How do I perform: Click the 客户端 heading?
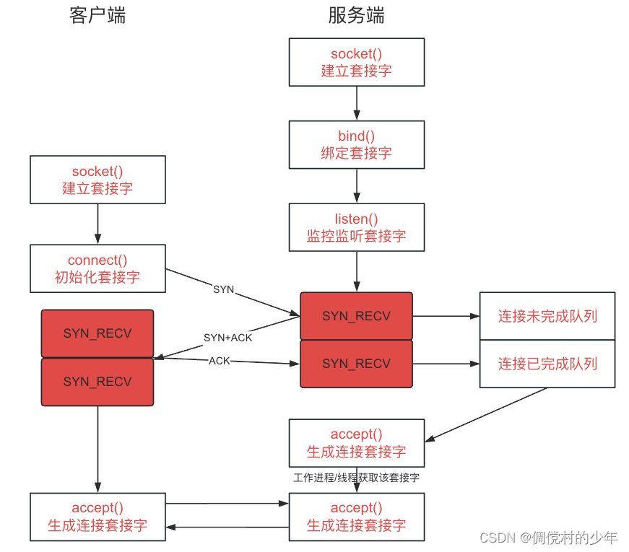click(x=97, y=16)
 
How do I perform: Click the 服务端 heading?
click(x=356, y=16)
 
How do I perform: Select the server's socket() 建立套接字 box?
click(x=357, y=63)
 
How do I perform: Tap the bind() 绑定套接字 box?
click(x=357, y=144)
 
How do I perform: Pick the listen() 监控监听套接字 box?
click(x=357, y=227)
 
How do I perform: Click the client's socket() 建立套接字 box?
click(x=97, y=180)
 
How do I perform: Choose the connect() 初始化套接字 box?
click(x=97, y=268)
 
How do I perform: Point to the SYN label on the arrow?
click(x=224, y=289)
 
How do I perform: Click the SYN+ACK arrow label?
click(x=227, y=338)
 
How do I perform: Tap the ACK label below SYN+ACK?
click(x=220, y=360)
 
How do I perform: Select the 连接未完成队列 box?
click(x=547, y=316)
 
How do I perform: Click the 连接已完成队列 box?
click(x=547, y=364)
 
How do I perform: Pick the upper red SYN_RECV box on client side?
click(x=97, y=333)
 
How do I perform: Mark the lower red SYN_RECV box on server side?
click(x=357, y=364)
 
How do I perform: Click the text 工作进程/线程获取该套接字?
click(x=357, y=478)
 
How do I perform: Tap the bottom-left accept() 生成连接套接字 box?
click(x=97, y=517)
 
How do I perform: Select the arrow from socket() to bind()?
click(x=357, y=103)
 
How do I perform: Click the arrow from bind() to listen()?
click(x=357, y=185)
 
